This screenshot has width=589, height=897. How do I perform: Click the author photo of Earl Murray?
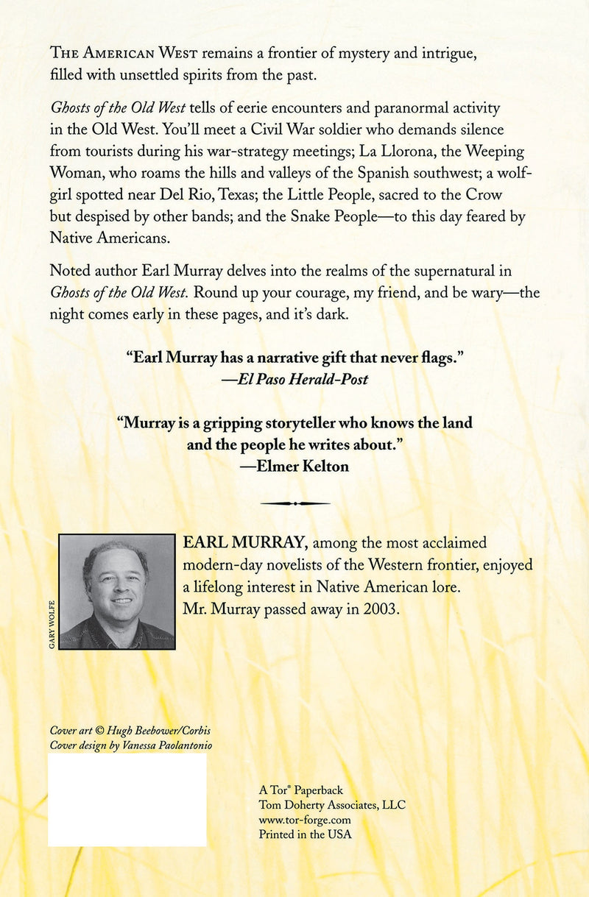click(116, 592)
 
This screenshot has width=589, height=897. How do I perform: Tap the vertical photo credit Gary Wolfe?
click(52, 625)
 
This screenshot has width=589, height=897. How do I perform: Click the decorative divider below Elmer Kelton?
click(294, 503)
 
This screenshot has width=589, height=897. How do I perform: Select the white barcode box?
click(127, 799)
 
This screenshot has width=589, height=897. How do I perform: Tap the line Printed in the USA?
click(305, 834)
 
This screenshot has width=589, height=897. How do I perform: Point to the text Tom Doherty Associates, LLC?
click(332, 805)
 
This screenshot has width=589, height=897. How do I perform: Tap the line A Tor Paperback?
click(300, 790)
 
